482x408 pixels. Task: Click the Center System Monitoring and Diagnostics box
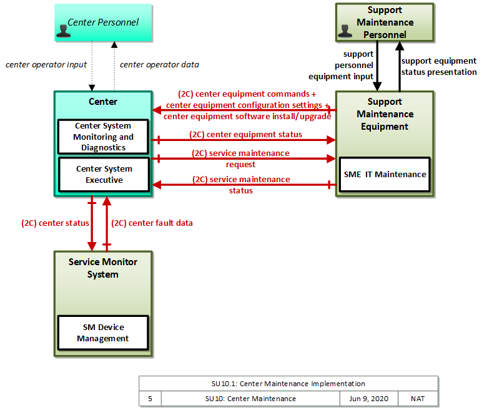103,137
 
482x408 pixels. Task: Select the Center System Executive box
104,175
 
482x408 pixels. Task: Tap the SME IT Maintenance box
385,175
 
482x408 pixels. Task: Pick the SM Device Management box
103,333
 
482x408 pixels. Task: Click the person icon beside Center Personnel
64,31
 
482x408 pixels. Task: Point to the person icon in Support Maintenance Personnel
345,31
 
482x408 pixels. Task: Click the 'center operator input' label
46,65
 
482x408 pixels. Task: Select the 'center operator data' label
159,65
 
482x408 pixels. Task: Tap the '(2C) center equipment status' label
245,135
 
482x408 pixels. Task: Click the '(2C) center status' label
55,223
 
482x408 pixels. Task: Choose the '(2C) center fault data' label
152,223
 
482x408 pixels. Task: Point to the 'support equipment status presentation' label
439,66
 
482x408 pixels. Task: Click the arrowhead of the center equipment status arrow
332,140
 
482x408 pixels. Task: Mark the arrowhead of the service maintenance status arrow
157,185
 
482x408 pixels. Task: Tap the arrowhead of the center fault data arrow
107,201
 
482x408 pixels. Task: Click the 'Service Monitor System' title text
103,268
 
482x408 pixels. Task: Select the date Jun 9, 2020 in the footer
368,399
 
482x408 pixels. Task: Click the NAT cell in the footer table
418,399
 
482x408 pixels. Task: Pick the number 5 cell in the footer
150,399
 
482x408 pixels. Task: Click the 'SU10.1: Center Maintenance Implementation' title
288,384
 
